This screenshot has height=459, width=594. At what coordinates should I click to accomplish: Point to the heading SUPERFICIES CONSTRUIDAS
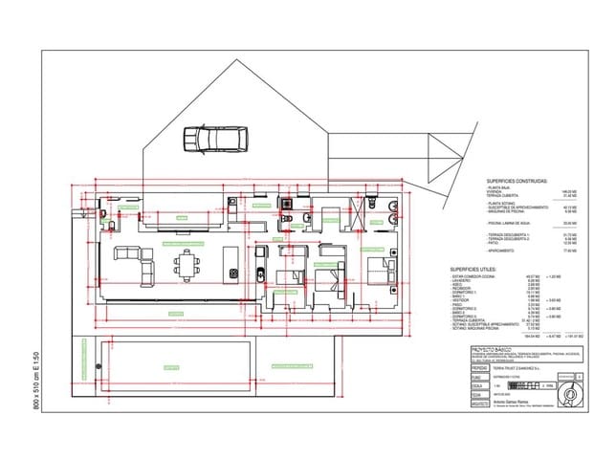click(517, 180)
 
